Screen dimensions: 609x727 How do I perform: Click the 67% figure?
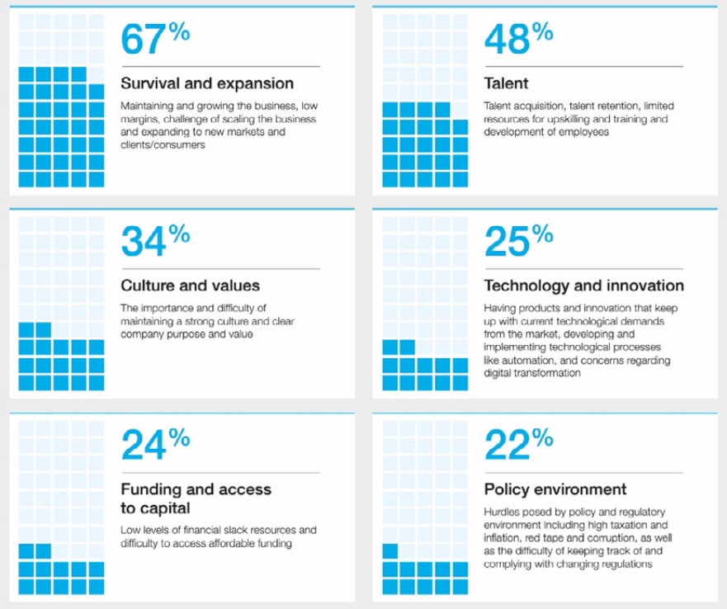155,40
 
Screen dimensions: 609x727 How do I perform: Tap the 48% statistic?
518,40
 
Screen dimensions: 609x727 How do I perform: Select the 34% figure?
155,242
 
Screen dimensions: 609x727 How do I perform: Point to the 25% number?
518,242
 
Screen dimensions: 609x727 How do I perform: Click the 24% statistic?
155,446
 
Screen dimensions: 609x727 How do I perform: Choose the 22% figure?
518,446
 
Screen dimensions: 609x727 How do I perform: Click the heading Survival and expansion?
207,83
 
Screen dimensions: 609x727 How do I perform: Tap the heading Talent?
507,83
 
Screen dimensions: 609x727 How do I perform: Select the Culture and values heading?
191,286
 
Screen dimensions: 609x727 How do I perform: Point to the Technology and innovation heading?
584,286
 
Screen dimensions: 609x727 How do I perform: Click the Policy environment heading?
555,489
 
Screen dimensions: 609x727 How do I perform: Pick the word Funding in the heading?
152,489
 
